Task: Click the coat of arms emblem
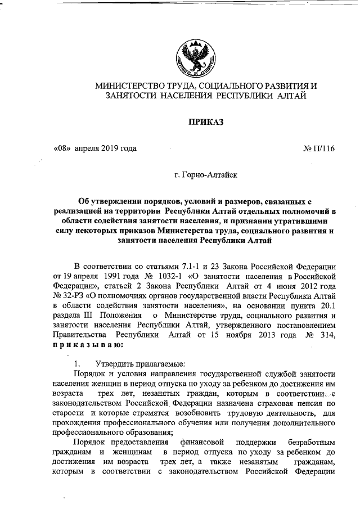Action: coord(192,54)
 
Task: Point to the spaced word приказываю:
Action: coord(87,346)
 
